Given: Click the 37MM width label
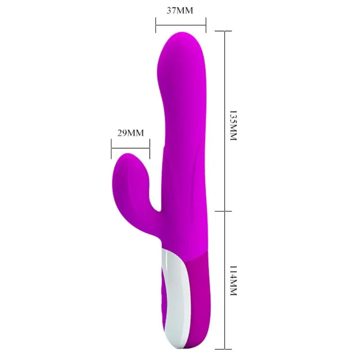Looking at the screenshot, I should pyautogui.click(x=180, y=10).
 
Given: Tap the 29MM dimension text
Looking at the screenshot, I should pyautogui.click(x=130, y=133).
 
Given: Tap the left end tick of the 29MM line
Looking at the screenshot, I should pyautogui.click(x=111, y=148).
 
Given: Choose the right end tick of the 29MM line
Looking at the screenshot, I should pyautogui.click(x=149, y=148).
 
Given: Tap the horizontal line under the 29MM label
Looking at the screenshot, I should pyautogui.click(x=130, y=148).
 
